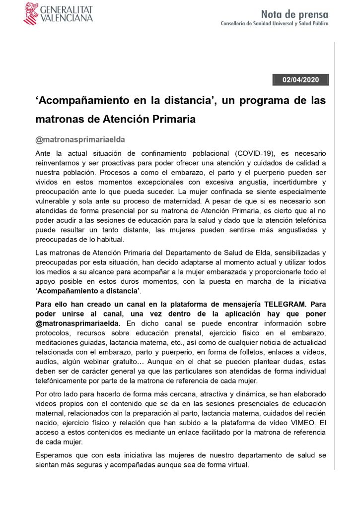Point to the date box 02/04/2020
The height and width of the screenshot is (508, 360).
[x=300, y=79]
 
